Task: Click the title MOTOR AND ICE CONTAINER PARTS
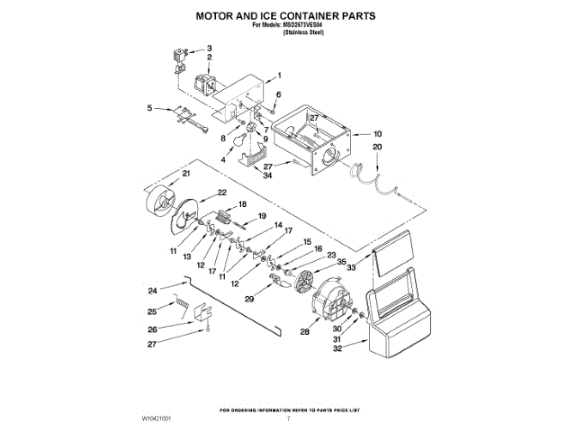click(x=287, y=16)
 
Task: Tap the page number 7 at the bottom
click(x=288, y=419)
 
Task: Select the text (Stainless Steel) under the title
click(x=303, y=32)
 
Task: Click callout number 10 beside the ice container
click(x=378, y=134)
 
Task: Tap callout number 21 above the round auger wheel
click(x=186, y=173)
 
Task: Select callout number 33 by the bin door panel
click(x=352, y=267)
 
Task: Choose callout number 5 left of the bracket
click(x=149, y=108)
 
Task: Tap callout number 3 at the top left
click(x=210, y=48)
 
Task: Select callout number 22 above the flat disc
click(x=221, y=193)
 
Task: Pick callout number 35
click(x=341, y=262)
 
